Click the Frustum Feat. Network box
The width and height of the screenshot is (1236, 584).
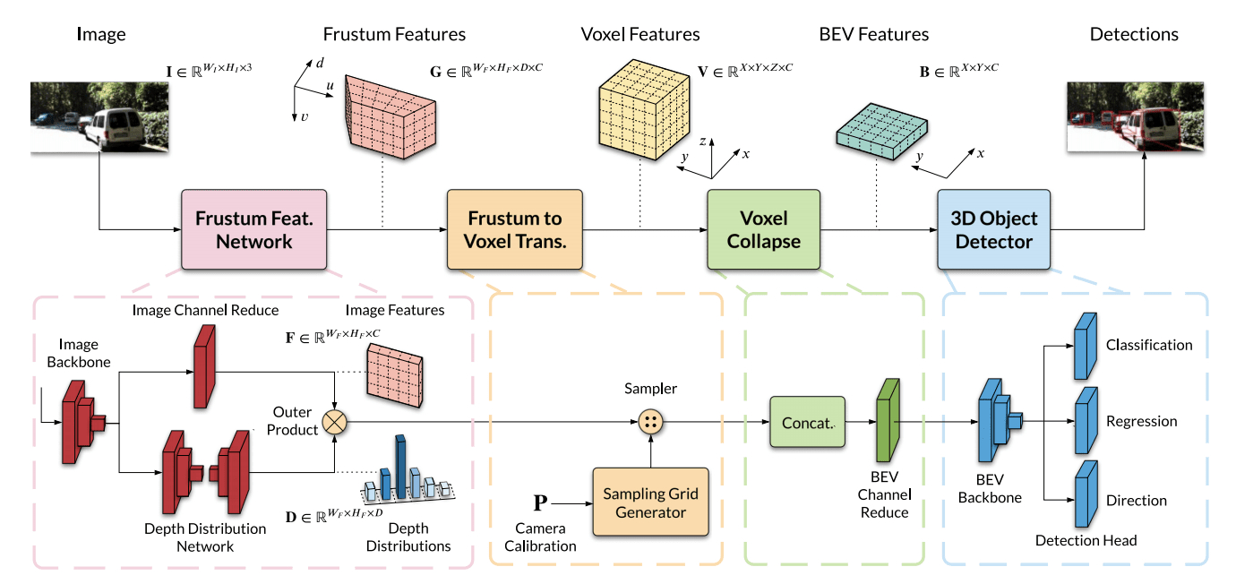click(253, 229)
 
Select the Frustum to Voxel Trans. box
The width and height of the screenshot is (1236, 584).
click(515, 229)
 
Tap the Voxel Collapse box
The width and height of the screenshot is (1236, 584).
click(763, 229)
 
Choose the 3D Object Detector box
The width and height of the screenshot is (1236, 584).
click(993, 229)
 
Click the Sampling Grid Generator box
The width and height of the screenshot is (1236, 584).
click(650, 503)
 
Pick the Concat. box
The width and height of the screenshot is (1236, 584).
click(808, 423)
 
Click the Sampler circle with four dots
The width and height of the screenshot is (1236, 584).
click(650, 422)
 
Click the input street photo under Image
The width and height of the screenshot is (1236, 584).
click(97, 116)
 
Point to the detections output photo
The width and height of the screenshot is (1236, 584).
click(1135, 116)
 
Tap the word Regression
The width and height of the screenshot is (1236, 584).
click(1141, 422)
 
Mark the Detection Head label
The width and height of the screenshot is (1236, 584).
click(1086, 540)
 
